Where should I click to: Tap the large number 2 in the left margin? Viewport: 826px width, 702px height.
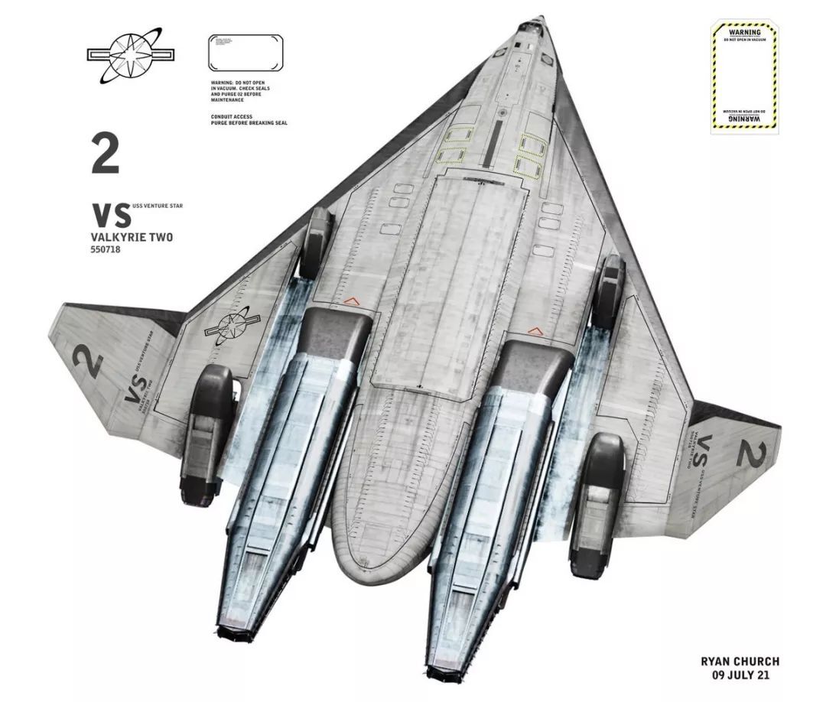tap(106, 153)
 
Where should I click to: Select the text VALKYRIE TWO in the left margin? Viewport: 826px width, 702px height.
tap(132, 237)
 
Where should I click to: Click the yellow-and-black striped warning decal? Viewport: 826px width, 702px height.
tap(744, 77)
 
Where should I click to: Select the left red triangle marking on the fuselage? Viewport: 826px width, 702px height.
tap(353, 301)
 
